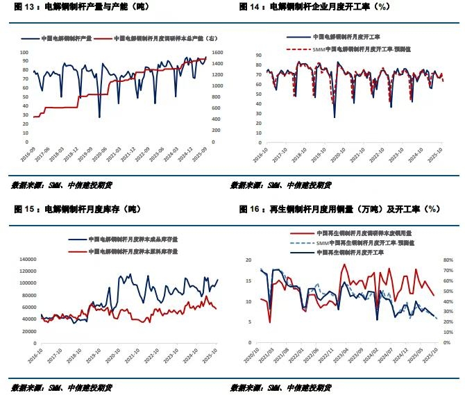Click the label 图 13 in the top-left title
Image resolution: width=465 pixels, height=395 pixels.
(24, 7)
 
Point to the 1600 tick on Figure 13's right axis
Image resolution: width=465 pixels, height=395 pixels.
(214, 53)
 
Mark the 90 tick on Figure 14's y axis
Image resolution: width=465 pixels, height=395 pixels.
(257, 54)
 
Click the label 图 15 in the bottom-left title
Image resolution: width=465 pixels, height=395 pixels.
(24, 208)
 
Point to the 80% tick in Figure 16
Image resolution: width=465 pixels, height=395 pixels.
(449, 260)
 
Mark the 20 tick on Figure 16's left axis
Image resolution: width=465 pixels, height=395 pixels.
(255, 260)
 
